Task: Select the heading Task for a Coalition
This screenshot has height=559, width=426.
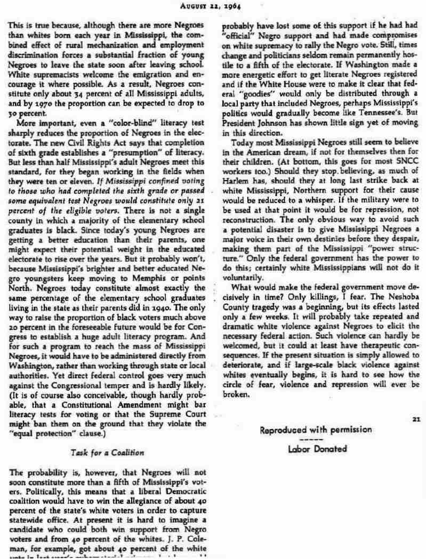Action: click(x=107, y=452)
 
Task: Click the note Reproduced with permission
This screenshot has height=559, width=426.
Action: click(x=317, y=430)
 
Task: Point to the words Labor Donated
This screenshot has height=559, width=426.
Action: click(x=317, y=449)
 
